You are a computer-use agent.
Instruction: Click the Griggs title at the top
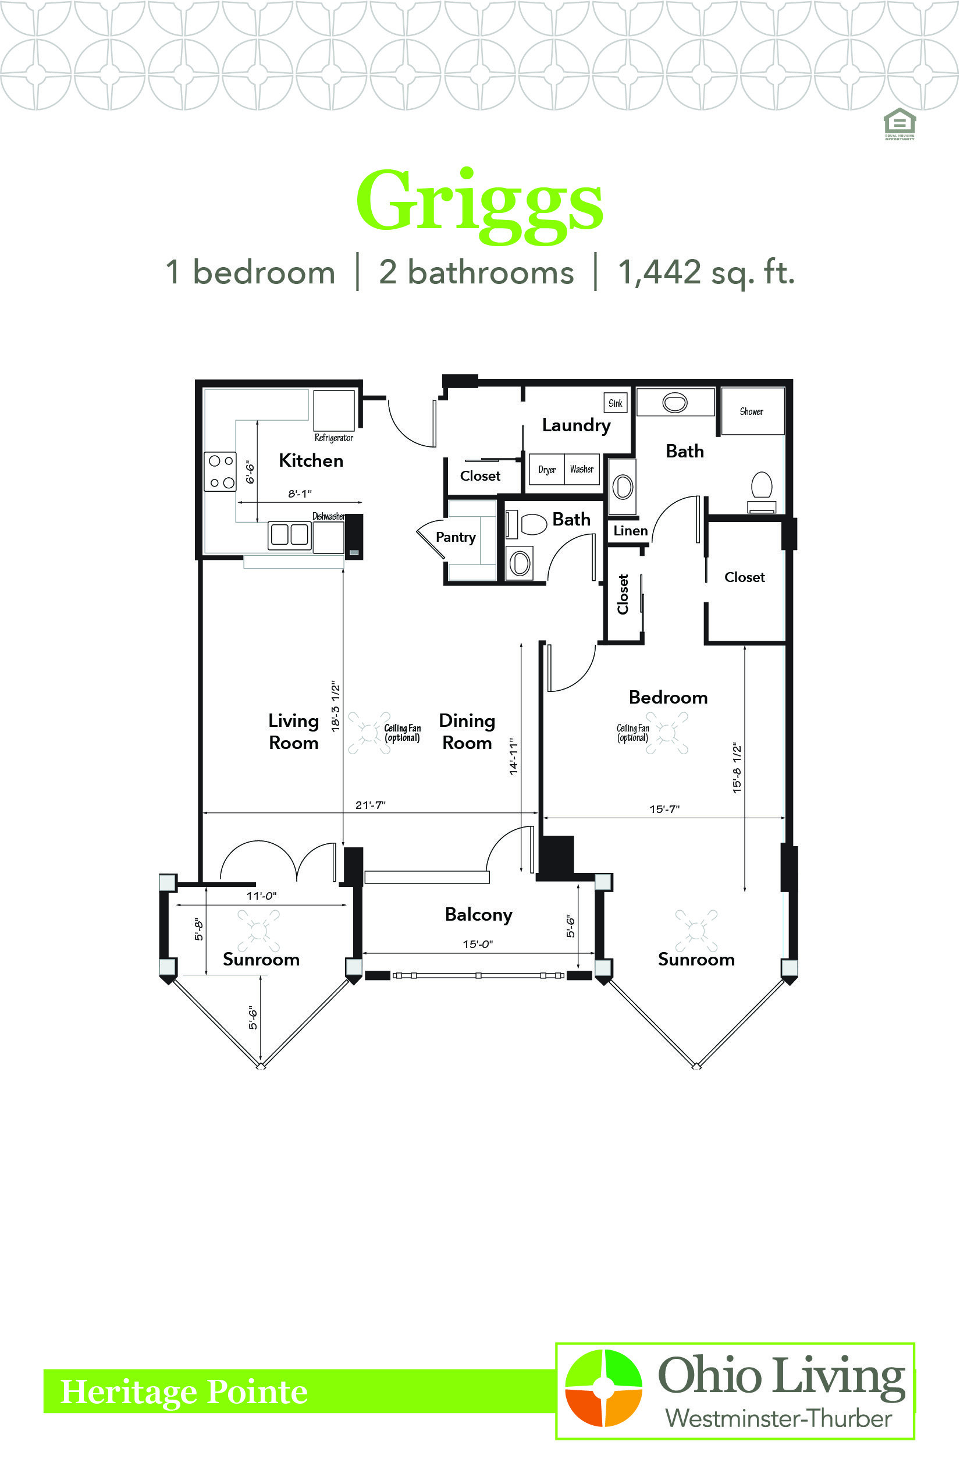479,206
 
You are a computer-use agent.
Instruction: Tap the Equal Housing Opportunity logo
899,124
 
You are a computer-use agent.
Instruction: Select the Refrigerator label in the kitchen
333,438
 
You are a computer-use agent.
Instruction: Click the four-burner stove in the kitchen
221,471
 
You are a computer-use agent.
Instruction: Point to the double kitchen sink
290,535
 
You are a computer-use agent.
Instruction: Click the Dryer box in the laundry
547,470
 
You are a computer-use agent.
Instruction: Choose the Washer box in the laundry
582,470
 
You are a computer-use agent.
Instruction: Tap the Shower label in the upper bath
751,411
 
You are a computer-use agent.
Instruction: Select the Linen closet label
630,531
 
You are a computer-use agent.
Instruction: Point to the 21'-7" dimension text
370,805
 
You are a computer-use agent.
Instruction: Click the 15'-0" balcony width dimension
478,944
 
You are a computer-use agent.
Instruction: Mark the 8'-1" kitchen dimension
300,494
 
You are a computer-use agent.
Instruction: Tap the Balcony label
479,915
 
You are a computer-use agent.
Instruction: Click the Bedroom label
669,698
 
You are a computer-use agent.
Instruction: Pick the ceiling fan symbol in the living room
369,733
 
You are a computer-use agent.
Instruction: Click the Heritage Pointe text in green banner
184,1392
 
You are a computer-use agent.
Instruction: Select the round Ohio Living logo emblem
603,1388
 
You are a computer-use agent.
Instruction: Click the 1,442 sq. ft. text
706,272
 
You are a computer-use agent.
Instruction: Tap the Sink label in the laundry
616,403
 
